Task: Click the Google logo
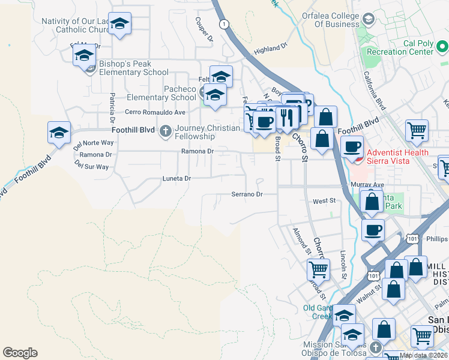(20, 353)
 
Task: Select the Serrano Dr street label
(247, 194)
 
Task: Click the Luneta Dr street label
(176, 178)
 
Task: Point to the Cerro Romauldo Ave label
(155, 112)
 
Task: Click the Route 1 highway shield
(224, 23)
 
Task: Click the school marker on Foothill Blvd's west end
(59, 133)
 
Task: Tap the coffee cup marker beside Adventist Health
(352, 146)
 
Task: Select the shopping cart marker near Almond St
(318, 269)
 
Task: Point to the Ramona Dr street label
(197, 152)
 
